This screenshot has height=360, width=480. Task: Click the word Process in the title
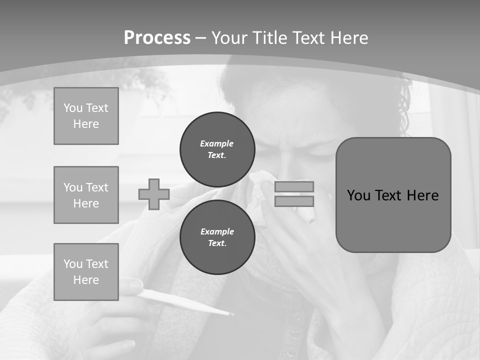[x=157, y=38]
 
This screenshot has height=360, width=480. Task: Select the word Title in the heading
[x=268, y=38]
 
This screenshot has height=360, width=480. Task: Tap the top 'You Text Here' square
[x=86, y=116]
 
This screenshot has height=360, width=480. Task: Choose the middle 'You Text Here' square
[x=86, y=195]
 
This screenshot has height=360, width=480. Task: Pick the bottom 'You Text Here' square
[x=86, y=272]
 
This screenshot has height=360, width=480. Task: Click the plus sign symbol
[x=154, y=194]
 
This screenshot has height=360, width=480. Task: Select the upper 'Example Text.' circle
[x=217, y=149]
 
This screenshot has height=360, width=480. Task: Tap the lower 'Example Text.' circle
[x=217, y=237]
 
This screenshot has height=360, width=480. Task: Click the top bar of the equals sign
[x=294, y=186]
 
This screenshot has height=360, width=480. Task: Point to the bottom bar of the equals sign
[x=294, y=201]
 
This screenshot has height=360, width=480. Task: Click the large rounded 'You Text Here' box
[x=393, y=195]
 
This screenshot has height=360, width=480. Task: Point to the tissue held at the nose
[x=260, y=192]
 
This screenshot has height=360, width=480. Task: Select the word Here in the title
[x=349, y=38]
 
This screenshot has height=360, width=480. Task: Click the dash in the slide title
[x=201, y=38]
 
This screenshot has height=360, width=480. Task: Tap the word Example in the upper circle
[x=217, y=143]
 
